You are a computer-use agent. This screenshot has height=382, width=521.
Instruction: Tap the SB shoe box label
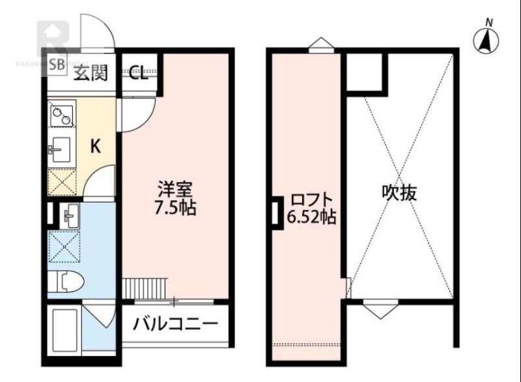[57, 65]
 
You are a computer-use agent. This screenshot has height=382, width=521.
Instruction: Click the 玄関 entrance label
[89, 73]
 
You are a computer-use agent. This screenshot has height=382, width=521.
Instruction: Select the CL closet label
[138, 73]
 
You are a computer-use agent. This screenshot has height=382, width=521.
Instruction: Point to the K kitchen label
[95, 147]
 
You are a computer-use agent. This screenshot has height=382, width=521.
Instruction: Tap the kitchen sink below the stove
[61, 151]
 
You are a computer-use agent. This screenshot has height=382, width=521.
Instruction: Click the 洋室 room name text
[174, 190]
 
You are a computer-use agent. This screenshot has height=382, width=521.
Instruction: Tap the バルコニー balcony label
[175, 323]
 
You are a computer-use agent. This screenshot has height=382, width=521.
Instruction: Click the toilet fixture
[70, 282]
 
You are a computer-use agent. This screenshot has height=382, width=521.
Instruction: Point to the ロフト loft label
[311, 199]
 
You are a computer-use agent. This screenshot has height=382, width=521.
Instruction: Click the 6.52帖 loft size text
[311, 218]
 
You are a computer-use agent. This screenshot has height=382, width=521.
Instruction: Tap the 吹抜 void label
[399, 192]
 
